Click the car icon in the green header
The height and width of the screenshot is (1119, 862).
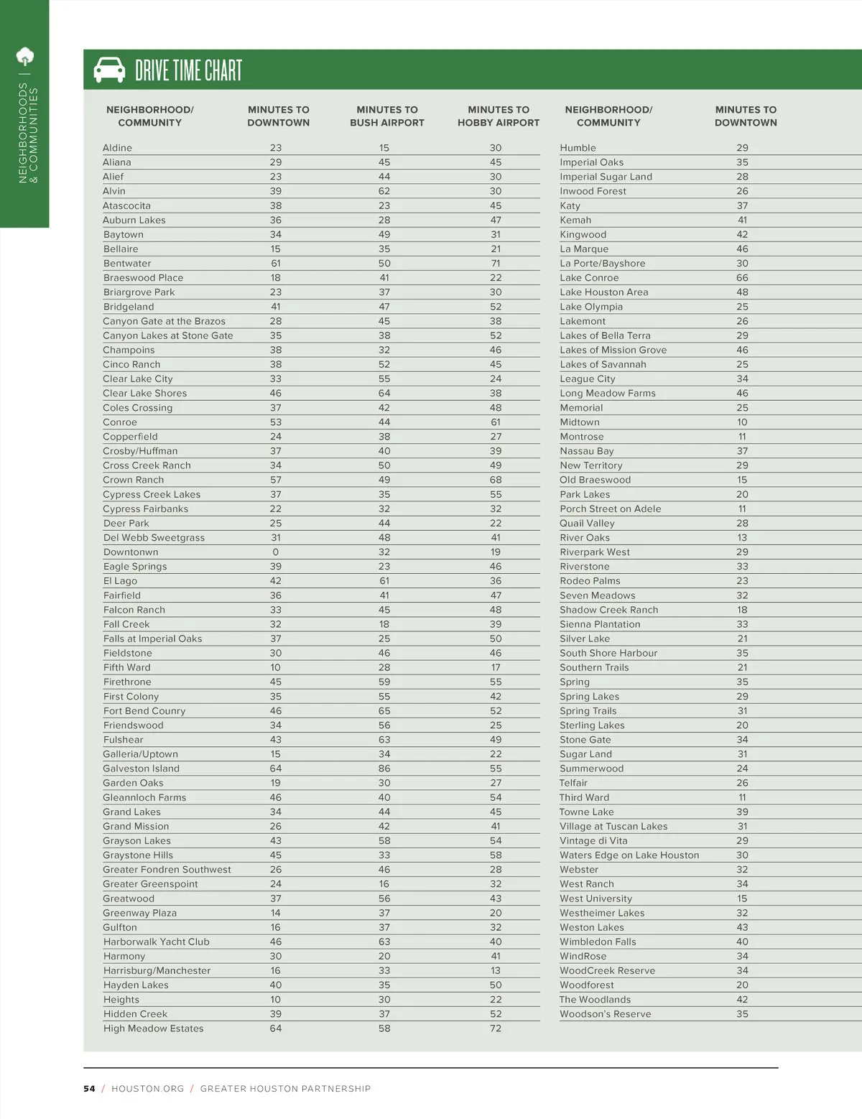[x=109, y=70]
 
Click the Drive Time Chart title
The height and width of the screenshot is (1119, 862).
[x=189, y=70]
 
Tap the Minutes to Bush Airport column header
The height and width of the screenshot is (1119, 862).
[x=387, y=116]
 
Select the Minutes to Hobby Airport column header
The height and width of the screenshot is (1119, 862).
[x=499, y=116]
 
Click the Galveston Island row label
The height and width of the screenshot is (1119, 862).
[x=141, y=769]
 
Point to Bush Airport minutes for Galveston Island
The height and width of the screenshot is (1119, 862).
[x=384, y=769]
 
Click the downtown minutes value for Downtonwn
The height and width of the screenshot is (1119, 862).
[x=276, y=552]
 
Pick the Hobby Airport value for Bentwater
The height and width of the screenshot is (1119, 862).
[x=496, y=264]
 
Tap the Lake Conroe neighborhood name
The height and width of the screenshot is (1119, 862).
[x=589, y=278]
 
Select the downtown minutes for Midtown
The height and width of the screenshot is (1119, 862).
[x=742, y=422]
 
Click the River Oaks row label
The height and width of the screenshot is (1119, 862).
[x=585, y=538]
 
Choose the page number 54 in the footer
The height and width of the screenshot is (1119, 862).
[x=89, y=1089]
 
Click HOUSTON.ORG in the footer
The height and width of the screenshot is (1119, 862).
[x=148, y=1089]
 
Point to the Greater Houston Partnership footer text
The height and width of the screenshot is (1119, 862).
[x=285, y=1089]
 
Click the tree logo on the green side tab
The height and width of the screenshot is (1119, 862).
[x=25, y=56]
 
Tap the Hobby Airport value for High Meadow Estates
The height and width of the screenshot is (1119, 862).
[x=496, y=1029]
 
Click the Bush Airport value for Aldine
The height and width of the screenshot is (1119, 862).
[x=384, y=148]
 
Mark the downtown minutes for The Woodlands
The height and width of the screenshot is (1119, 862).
[x=742, y=1000]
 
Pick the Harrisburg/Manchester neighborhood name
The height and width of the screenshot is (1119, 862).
[x=157, y=971]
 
